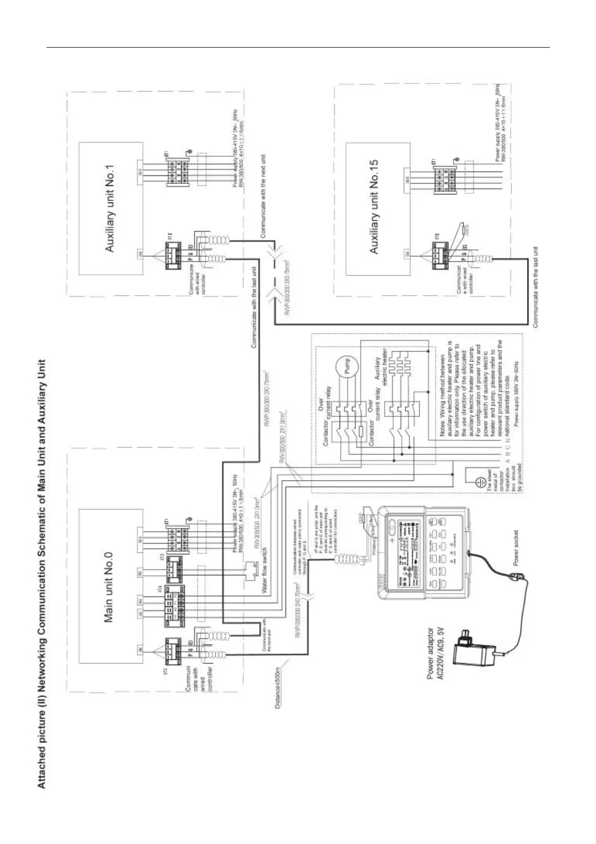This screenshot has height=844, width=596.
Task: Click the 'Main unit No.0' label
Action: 109,588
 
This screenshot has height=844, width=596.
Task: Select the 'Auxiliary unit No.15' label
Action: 374,206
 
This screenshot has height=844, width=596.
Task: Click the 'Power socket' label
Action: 516,548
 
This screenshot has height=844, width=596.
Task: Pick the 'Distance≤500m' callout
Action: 278,686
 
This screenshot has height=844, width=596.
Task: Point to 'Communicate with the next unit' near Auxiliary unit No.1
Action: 263,196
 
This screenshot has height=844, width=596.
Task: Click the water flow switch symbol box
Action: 250,570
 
